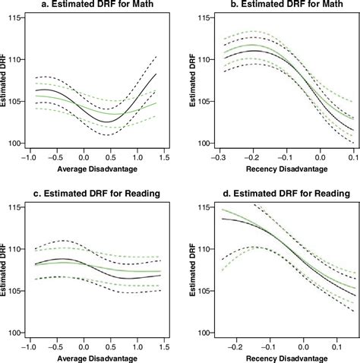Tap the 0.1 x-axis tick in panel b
coord(353,157)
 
